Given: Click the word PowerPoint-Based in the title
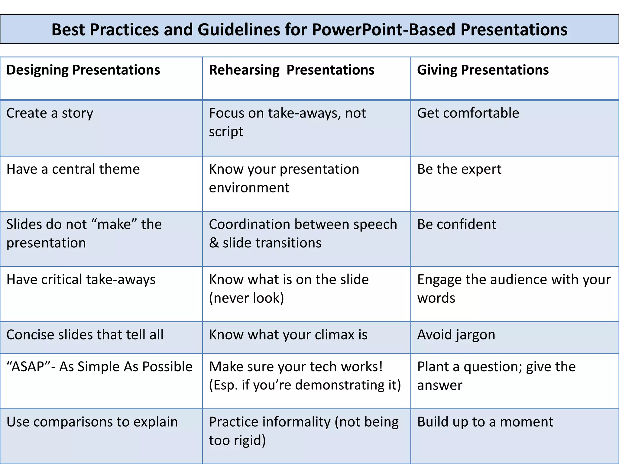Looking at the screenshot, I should [383, 30].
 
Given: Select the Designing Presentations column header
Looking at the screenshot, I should [83, 70].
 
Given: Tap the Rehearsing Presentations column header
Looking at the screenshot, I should [291, 70].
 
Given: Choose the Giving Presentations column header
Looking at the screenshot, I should [483, 70].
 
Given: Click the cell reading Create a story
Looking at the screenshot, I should [50, 113].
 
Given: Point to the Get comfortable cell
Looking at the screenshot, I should [468, 113].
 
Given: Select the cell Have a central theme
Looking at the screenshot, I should [73, 169].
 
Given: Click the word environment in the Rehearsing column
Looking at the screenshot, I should [249, 188].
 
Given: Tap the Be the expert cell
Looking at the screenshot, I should [459, 169].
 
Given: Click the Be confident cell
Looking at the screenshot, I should [456, 224].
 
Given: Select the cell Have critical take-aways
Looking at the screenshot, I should [81, 280].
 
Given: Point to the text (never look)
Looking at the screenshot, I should [246, 298].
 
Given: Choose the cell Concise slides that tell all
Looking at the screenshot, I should [85, 335].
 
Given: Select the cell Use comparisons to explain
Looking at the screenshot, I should [92, 422].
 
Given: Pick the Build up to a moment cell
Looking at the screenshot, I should [485, 422].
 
